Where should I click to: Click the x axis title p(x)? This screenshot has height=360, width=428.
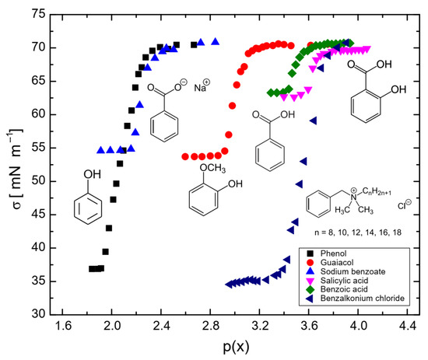pyautogui.click(x=237, y=348)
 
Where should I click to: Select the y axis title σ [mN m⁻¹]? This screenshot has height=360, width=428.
pyautogui.click(x=14, y=165)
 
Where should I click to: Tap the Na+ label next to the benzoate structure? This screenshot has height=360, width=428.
pyautogui.click(x=202, y=87)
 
